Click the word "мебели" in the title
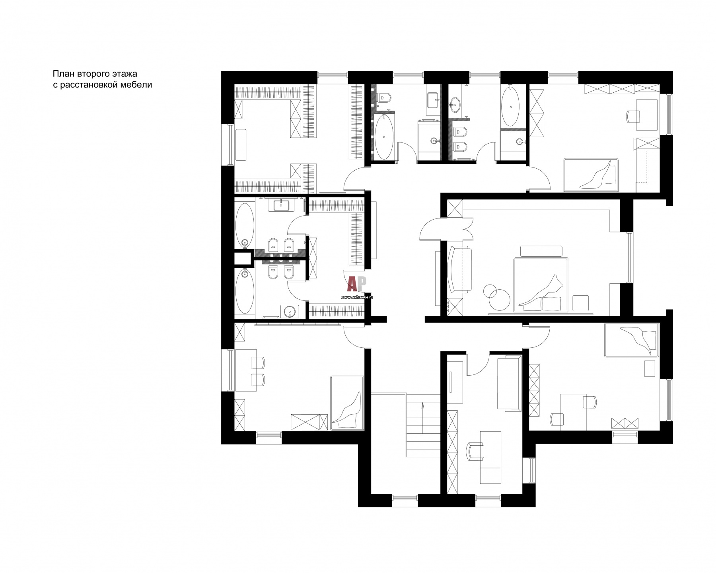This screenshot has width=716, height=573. pos(138,85)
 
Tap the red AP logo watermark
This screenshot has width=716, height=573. pos(356,284)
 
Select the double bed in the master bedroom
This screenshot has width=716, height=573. pos(541,284)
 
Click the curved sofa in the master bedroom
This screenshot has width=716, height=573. pos(460,270)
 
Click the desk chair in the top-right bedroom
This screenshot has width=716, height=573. pos(633,117)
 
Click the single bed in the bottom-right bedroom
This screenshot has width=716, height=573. pos(631,341)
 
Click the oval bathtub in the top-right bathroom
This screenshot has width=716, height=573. pos(510,107)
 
